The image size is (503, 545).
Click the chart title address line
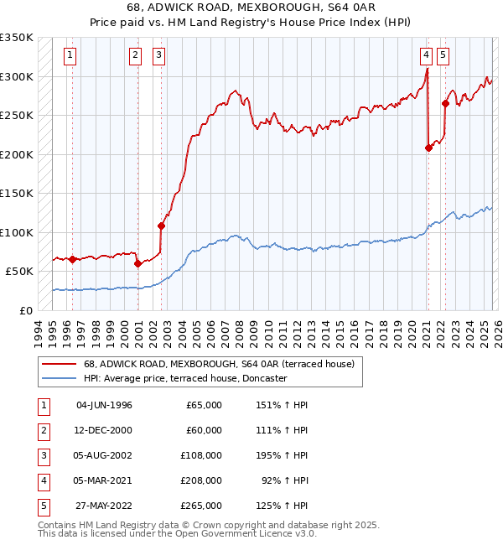point(251,8)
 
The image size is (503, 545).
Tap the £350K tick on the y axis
point(17,38)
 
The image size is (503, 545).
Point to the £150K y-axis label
point(17,193)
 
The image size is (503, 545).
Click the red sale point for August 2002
point(161,226)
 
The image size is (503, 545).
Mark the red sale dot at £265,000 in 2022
point(445,104)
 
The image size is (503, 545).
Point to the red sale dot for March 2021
point(428,148)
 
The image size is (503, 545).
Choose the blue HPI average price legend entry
point(185,379)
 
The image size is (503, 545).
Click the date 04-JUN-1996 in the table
point(104,405)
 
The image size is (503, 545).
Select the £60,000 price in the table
point(204,430)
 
